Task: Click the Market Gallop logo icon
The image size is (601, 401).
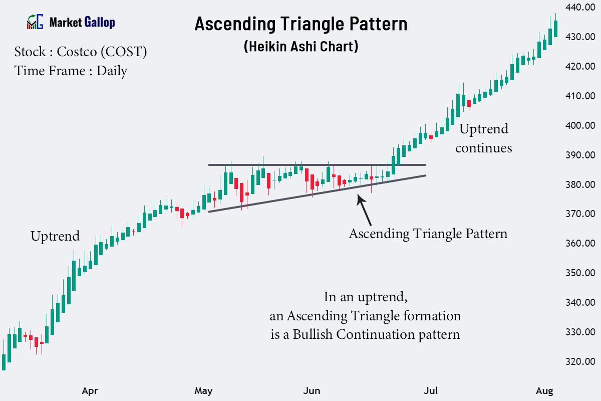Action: [x=35, y=22]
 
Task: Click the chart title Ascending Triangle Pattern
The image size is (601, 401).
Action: [x=300, y=24]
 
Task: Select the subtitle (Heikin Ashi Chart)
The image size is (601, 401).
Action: [x=300, y=47]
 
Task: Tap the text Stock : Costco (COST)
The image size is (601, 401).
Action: [x=81, y=52]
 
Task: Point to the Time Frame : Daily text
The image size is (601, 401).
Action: [x=71, y=71]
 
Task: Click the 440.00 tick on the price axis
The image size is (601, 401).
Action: [x=580, y=8]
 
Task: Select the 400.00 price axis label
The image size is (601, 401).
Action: [x=580, y=125]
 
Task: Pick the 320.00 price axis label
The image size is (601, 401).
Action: [x=580, y=361]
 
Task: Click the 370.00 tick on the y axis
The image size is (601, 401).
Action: [x=580, y=214]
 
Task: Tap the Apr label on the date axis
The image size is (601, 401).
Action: [x=90, y=390]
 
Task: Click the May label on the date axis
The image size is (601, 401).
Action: [x=203, y=390]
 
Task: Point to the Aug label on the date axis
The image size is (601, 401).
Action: [x=544, y=390]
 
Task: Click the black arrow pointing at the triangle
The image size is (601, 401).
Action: [x=364, y=210]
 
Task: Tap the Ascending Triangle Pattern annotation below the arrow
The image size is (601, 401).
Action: [x=428, y=234]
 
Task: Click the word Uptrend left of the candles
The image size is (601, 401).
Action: [x=55, y=236]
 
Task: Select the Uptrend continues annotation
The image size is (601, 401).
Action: [x=483, y=138]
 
